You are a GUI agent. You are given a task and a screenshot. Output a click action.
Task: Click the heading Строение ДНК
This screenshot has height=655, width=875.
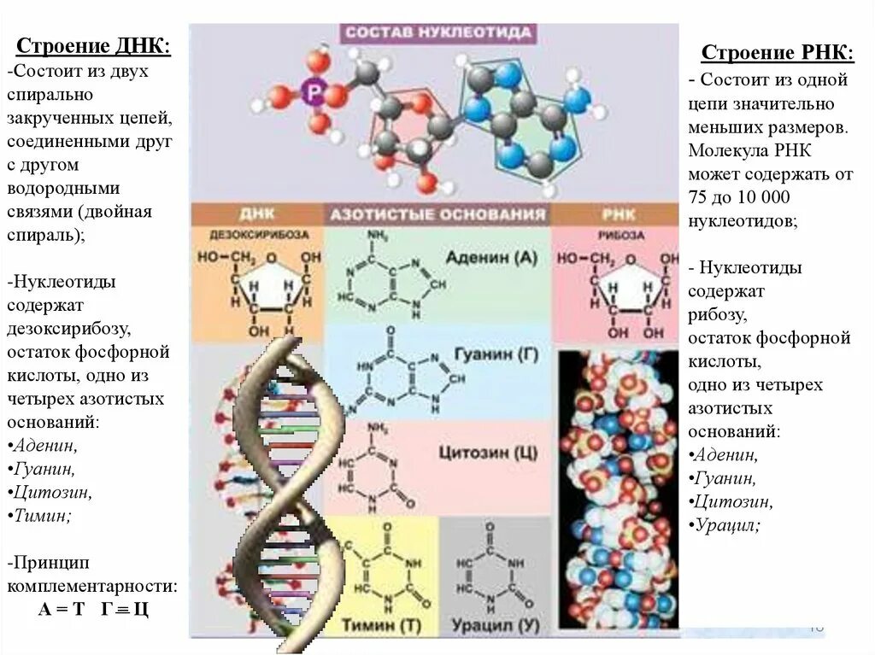pos(94,44)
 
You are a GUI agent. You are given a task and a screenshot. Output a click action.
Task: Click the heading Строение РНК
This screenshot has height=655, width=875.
pos(777,53)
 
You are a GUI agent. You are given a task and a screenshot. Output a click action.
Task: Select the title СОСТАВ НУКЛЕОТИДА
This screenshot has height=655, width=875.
pos(437,32)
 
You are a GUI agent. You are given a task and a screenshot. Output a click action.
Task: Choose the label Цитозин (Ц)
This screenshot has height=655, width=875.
pos(488,451)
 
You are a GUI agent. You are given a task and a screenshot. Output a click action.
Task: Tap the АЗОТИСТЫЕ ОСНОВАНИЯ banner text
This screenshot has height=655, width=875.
pos(436,214)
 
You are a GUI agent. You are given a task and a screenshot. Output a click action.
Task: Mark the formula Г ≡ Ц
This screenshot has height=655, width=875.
pos(125,610)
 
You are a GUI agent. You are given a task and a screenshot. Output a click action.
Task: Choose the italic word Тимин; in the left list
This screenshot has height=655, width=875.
pos(44,516)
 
